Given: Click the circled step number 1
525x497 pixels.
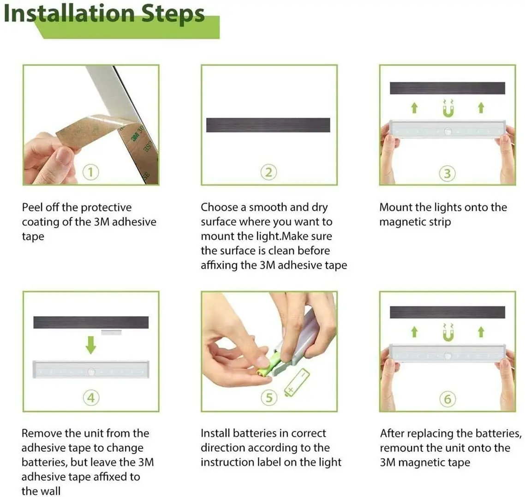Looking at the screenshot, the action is tap(90, 172).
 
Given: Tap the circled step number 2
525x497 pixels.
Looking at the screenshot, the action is tap(268, 172).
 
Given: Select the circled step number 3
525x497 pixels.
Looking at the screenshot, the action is tap(447, 174).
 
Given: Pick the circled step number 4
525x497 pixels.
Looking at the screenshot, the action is tap(91, 398).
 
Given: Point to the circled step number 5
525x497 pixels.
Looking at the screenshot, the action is tap(269, 398).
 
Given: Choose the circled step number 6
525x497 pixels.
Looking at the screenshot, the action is tap(447, 399).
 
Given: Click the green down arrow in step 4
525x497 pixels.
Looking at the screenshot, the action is tap(91, 345).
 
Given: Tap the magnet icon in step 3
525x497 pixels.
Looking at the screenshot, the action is tap(448, 108).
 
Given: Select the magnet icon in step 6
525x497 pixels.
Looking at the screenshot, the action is tap(448, 333).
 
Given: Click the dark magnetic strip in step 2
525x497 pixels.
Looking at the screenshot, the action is tap(268, 125).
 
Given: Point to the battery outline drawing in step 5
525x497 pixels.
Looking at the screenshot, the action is tap(297, 383).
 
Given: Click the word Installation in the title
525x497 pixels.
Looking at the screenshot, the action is tap(69, 13).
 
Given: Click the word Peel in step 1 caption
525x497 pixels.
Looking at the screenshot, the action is tap(32, 207).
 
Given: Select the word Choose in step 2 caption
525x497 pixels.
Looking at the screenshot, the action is tap(219, 207).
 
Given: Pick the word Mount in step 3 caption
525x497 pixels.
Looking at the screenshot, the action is tap(396, 207).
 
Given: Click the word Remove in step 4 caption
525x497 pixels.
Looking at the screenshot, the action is tap(42, 433).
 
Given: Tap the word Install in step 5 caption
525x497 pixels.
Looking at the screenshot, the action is tap(215, 433).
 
